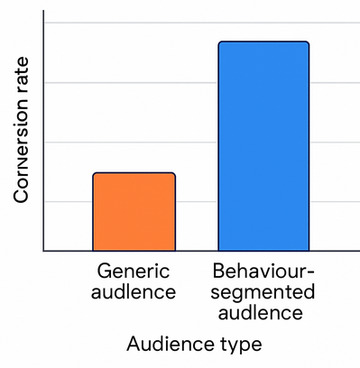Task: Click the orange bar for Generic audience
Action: pyautogui.click(x=134, y=212)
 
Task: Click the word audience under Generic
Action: pyautogui.click(x=134, y=292)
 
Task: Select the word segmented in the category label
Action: pyautogui.click(x=263, y=292)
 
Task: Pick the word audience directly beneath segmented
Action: pyautogui.click(x=263, y=314)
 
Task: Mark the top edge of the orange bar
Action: pyautogui.click(x=134, y=173)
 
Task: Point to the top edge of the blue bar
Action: pyautogui.click(x=263, y=41)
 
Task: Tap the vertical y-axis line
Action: pyautogui.click(x=44, y=135)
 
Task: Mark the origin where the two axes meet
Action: pyautogui.click(x=44, y=251)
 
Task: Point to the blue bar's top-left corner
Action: pyautogui.click(x=219, y=42)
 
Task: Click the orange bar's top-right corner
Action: pyautogui.click(x=174, y=174)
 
